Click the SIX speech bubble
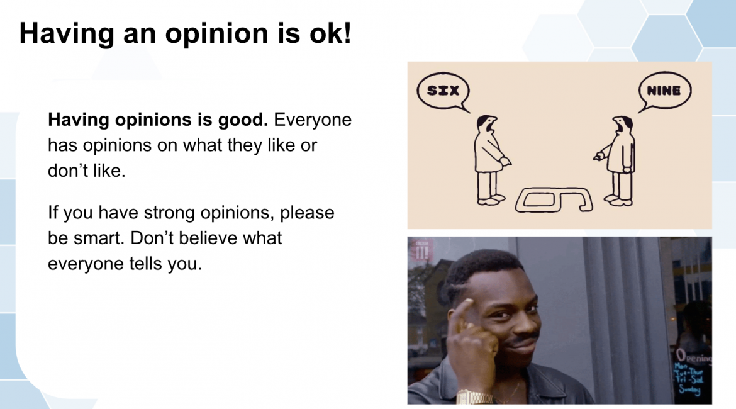tap(443, 91)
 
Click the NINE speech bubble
tap(664, 91)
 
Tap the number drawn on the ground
tap(554, 199)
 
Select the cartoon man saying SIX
tap(491, 160)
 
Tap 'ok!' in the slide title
tap(330, 33)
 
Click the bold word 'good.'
tap(243, 120)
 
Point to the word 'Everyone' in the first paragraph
tap(313, 120)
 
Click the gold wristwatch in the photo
tap(475, 397)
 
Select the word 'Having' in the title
tap(67, 34)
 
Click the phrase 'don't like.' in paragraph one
tap(87, 171)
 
